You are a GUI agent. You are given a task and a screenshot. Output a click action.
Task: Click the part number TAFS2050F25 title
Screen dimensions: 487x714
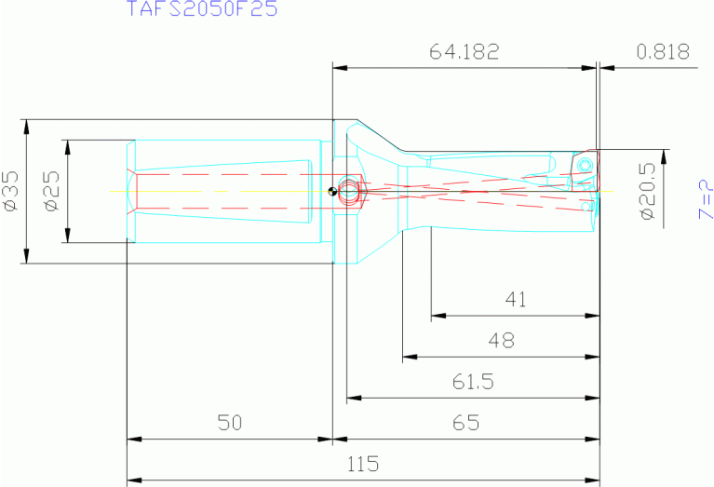coord(201,10)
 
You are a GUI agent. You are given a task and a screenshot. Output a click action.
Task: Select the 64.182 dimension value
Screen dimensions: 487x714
coord(465,52)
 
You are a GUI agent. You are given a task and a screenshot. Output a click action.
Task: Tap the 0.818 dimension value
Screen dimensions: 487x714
coord(663,52)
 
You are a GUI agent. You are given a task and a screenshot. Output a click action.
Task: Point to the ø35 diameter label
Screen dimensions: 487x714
coord(10,190)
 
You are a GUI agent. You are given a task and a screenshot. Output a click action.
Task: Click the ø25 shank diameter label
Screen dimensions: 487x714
coord(52,190)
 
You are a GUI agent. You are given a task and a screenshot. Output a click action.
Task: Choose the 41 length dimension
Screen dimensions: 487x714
coord(515,300)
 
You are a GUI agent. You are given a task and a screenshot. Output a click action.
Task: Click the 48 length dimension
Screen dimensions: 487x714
coord(501,341)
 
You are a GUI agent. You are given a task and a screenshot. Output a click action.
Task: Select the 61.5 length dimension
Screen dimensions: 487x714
coord(473,382)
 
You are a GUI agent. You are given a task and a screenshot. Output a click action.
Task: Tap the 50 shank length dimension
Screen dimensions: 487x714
coord(229,423)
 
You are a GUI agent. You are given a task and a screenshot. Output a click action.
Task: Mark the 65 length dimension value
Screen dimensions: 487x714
coord(465,423)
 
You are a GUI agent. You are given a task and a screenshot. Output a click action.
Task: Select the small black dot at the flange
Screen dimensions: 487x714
coord(332,193)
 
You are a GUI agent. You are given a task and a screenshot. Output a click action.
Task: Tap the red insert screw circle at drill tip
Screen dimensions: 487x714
coord(585,165)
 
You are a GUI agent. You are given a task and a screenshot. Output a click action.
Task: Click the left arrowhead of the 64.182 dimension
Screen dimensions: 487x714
coord(340,67)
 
